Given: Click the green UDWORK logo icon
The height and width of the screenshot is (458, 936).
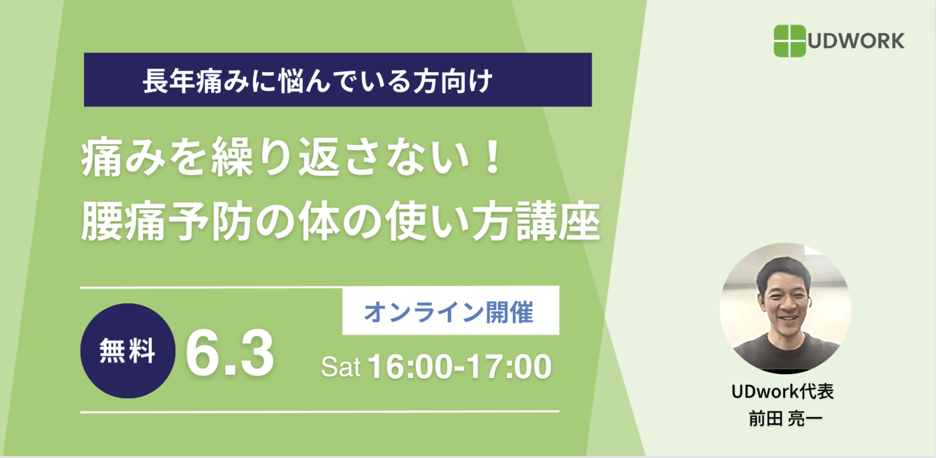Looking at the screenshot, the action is pos(790,41).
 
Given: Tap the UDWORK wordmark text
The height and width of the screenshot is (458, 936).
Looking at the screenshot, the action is pos(856,41).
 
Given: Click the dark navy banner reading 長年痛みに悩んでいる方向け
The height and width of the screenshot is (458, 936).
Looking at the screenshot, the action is pos(337,80).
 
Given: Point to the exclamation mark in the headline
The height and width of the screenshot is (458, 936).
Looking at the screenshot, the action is pos(493,157).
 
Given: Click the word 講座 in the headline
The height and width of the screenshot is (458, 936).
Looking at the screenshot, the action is pos(558,222).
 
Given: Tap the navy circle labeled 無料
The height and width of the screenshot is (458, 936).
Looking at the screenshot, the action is pos(128,351).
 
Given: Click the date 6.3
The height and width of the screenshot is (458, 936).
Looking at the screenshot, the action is pos(229,353).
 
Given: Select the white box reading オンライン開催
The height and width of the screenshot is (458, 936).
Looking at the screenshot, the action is pos(451,311).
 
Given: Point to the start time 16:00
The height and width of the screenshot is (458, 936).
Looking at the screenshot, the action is pos(410,367).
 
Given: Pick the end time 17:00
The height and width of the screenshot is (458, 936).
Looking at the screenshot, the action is pos(509,367).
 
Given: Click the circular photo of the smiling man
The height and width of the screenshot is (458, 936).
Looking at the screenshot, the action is pos(786,309).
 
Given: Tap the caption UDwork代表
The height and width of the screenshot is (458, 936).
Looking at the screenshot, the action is pos(783,392).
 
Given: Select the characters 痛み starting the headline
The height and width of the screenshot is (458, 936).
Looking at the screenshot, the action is pos(123,158).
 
